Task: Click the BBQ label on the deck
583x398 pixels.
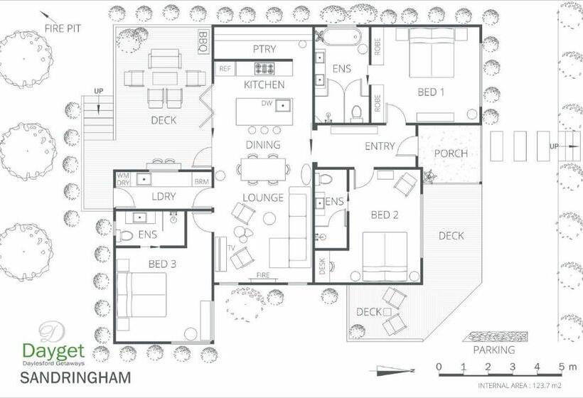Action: click(203, 41)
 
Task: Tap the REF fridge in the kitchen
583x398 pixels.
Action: click(225, 69)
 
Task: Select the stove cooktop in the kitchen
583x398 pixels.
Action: click(264, 68)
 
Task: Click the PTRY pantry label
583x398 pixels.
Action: click(264, 49)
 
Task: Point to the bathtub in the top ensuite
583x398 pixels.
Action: click(341, 37)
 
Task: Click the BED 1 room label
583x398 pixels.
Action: click(431, 92)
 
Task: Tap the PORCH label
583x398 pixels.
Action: click(451, 153)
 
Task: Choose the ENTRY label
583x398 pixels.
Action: click(380, 146)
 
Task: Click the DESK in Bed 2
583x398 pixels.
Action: click(322, 267)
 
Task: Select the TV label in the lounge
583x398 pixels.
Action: click(231, 248)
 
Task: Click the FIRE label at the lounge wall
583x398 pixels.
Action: click(263, 275)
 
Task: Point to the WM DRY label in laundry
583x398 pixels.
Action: click(123, 179)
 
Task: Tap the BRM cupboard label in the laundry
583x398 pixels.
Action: click(202, 182)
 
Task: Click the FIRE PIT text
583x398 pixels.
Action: click(63, 28)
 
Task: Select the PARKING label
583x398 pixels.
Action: click(494, 350)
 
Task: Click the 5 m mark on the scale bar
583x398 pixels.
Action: click(562, 367)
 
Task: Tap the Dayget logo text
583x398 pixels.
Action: click(54, 351)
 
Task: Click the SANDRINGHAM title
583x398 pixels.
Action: click(75, 377)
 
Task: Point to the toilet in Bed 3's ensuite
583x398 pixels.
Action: click(124, 236)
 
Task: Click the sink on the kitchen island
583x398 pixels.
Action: click(283, 106)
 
